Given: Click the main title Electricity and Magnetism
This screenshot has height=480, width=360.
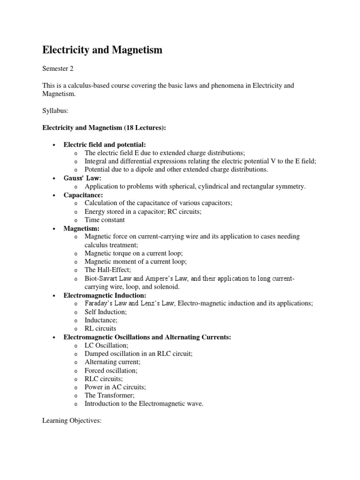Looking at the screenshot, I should coord(103,50).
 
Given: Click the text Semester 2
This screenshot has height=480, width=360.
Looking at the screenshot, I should coord(59,69).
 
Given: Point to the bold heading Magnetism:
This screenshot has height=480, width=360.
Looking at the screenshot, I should coord(82,228).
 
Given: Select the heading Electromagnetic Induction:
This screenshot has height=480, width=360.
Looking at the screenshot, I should coord(105,295).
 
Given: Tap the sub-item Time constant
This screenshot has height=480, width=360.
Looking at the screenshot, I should coord(105,220).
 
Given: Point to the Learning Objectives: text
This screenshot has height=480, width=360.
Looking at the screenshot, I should coord(72,421).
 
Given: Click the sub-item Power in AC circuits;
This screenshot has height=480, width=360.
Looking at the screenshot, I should coord(115,387).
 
